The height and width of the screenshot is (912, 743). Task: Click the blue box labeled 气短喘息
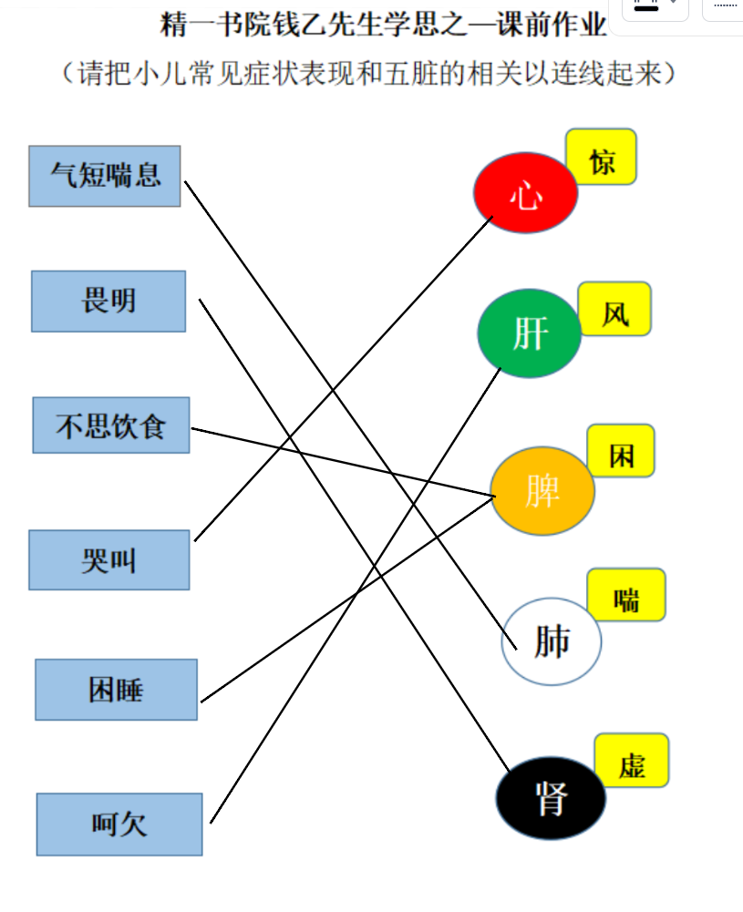click(x=105, y=176)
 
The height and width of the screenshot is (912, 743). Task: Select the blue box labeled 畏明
click(x=108, y=302)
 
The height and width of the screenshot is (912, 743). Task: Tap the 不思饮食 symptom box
click(x=111, y=425)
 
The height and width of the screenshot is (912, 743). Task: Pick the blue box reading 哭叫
click(x=109, y=560)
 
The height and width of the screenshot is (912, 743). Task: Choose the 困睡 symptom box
click(x=117, y=690)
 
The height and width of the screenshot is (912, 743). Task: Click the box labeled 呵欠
click(x=119, y=825)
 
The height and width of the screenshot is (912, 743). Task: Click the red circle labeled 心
click(x=525, y=193)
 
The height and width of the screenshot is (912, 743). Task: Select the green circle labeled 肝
click(x=530, y=333)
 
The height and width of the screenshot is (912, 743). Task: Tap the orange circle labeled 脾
click(x=542, y=491)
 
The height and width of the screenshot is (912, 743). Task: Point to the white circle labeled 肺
click(x=551, y=641)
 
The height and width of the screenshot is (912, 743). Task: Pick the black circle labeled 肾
click(x=551, y=798)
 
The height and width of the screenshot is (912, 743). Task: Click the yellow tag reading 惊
click(x=601, y=157)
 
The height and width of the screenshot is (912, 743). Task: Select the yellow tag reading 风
click(x=614, y=309)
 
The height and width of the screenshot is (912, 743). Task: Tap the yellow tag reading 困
click(x=621, y=451)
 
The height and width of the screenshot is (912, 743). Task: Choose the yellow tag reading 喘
click(x=626, y=595)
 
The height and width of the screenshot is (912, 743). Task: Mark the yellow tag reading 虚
click(x=631, y=760)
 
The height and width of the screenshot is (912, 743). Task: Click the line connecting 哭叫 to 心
click(x=344, y=379)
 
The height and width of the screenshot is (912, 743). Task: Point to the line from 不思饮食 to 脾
click(x=344, y=463)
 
